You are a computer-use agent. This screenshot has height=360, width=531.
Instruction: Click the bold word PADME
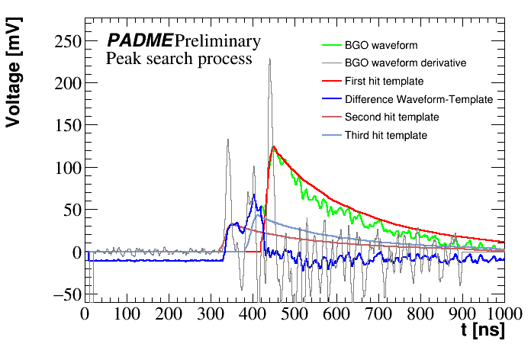point(140,40)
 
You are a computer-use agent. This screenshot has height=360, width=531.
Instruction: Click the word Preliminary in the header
point(217,40)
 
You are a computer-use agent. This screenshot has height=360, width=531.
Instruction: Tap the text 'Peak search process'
point(179,59)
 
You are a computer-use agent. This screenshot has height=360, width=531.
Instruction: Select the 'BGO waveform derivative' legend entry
point(405,63)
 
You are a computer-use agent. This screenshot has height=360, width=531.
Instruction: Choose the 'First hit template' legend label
point(384,81)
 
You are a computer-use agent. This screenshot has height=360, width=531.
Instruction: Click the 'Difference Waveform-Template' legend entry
point(419,99)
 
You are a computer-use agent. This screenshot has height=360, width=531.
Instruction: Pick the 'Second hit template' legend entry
point(391,117)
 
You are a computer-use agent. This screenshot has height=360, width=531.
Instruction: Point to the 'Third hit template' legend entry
point(386,136)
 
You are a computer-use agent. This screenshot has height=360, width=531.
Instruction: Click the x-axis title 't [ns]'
point(481,330)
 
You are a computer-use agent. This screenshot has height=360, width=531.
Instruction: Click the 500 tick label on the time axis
point(294,313)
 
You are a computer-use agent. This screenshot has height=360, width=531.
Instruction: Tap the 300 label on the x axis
point(210,313)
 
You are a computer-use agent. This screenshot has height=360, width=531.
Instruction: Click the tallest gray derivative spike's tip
point(269,59)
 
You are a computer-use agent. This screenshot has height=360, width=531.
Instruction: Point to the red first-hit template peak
point(272,146)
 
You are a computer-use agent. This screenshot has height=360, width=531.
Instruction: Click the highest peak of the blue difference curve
point(253,194)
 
